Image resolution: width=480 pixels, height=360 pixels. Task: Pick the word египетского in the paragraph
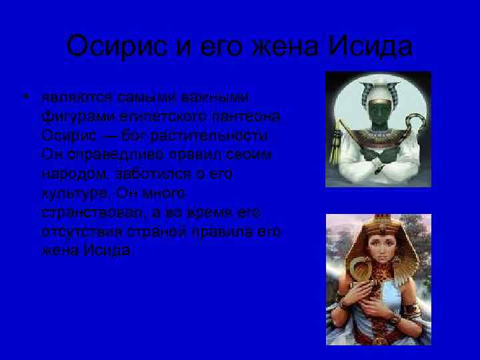(138, 117)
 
